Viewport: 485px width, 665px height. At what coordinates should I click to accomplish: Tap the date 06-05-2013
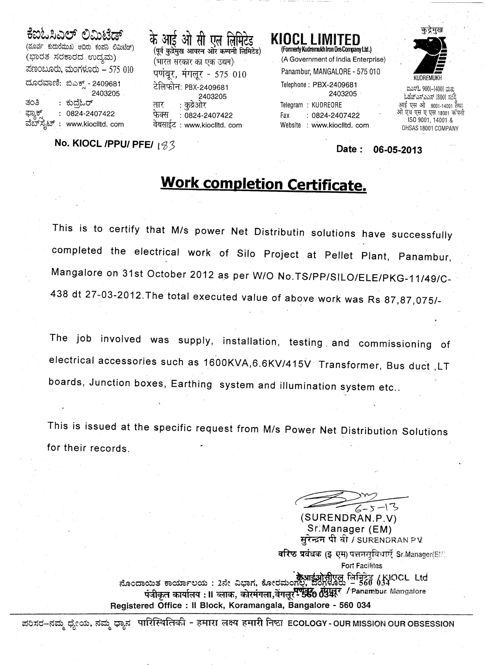[397, 150]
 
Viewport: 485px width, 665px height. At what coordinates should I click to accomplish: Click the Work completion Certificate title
[263, 184]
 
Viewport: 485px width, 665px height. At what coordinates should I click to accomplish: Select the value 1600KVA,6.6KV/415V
[257, 363]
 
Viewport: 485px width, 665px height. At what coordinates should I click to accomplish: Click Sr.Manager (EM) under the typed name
[349, 529]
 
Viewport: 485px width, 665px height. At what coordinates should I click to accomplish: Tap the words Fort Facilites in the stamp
[361, 566]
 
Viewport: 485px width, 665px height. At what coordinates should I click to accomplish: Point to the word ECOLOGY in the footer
[307, 624]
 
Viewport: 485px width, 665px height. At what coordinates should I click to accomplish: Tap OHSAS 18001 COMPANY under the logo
[430, 128]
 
